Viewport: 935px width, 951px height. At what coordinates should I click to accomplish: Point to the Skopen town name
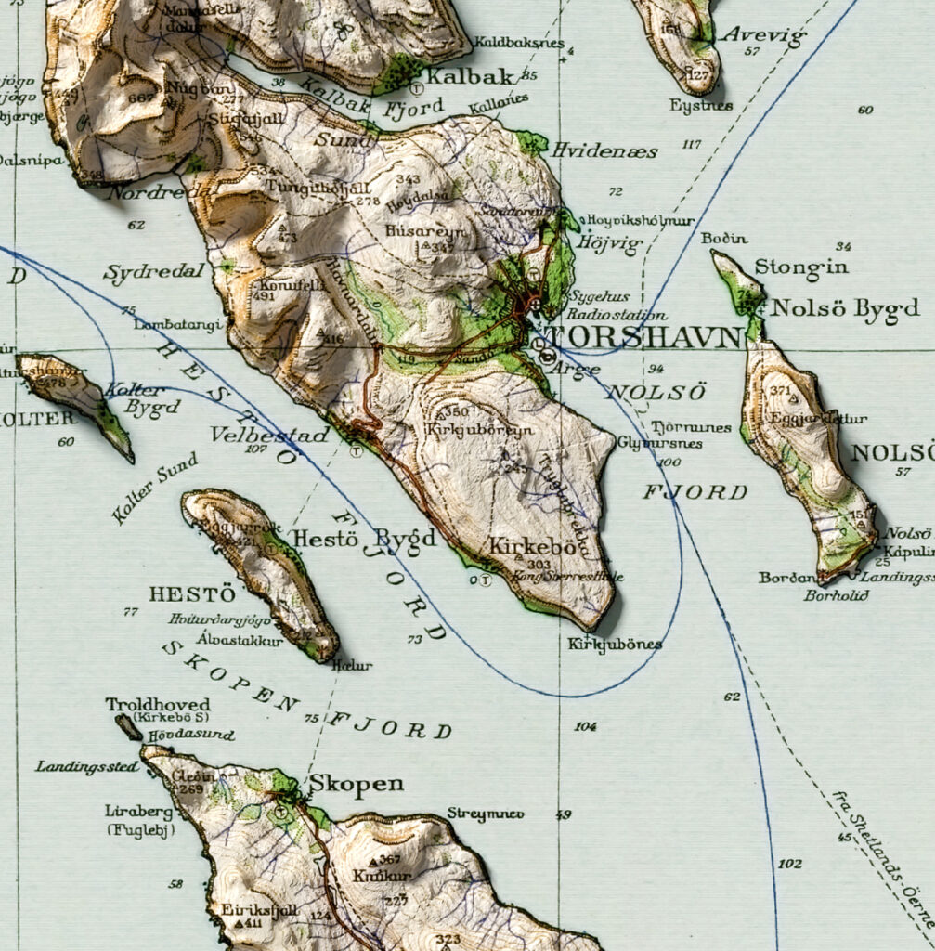click(356, 784)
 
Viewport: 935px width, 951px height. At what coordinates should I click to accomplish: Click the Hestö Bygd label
click(364, 538)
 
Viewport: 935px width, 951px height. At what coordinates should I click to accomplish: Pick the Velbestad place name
click(269, 434)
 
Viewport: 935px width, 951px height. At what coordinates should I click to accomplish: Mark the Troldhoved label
click(158, 704)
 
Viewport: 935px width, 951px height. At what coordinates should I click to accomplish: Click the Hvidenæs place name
click(604, 150)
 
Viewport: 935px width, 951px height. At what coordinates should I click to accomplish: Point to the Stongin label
click(788, 267)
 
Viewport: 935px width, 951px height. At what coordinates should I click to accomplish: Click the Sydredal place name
click(140, 274)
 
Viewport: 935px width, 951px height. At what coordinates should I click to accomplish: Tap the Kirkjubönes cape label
click(615, 644)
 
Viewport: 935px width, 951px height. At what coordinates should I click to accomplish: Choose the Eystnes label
click(701, 106)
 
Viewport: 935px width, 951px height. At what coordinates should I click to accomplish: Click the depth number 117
click(692, 144)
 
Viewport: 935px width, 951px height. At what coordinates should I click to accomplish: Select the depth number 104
click(585, 726)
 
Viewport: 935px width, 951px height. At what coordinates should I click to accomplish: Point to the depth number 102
click(790, 864)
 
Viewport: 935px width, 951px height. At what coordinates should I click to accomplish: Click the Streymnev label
click(486, 814)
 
